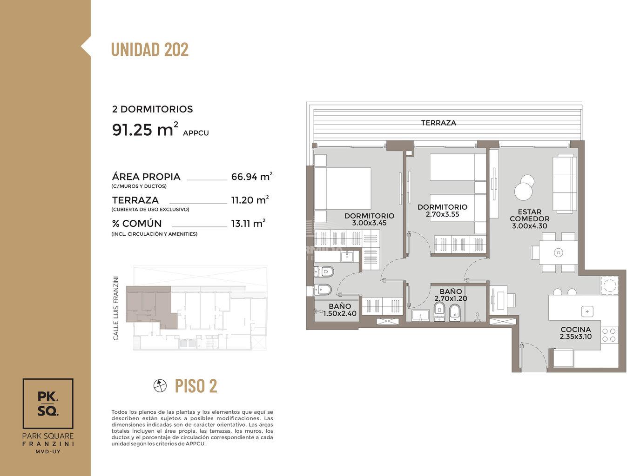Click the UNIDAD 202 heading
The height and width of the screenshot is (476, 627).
150,50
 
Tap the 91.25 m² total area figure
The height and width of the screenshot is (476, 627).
145,129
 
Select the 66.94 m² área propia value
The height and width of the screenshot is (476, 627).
251,177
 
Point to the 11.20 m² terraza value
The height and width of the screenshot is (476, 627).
250,200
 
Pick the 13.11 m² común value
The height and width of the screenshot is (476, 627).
248,223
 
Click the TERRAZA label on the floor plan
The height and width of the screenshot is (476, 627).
438,123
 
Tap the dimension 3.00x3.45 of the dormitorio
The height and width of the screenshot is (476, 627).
369,223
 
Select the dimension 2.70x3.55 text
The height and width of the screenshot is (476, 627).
443,214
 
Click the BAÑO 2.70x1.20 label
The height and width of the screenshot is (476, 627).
451,295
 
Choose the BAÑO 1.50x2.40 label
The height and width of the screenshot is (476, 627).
340,310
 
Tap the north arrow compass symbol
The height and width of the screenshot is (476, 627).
160,386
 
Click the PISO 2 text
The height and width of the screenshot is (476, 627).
196,386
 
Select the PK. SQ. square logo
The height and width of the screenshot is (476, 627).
48,403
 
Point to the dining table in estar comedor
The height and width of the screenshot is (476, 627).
558,252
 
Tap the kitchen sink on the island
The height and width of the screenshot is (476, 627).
587,311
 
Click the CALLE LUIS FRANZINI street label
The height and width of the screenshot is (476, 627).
116,308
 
